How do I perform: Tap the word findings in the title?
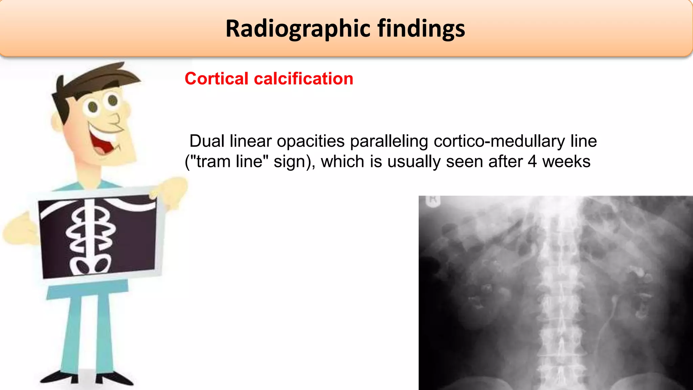(421, 29)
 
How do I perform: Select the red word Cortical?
(217, 79)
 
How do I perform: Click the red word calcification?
(304, 79)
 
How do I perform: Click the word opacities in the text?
(311, 141)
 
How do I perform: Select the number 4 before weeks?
(532, 161)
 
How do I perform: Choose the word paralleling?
(389, 141)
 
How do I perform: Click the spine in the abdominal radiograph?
(560, 295)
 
